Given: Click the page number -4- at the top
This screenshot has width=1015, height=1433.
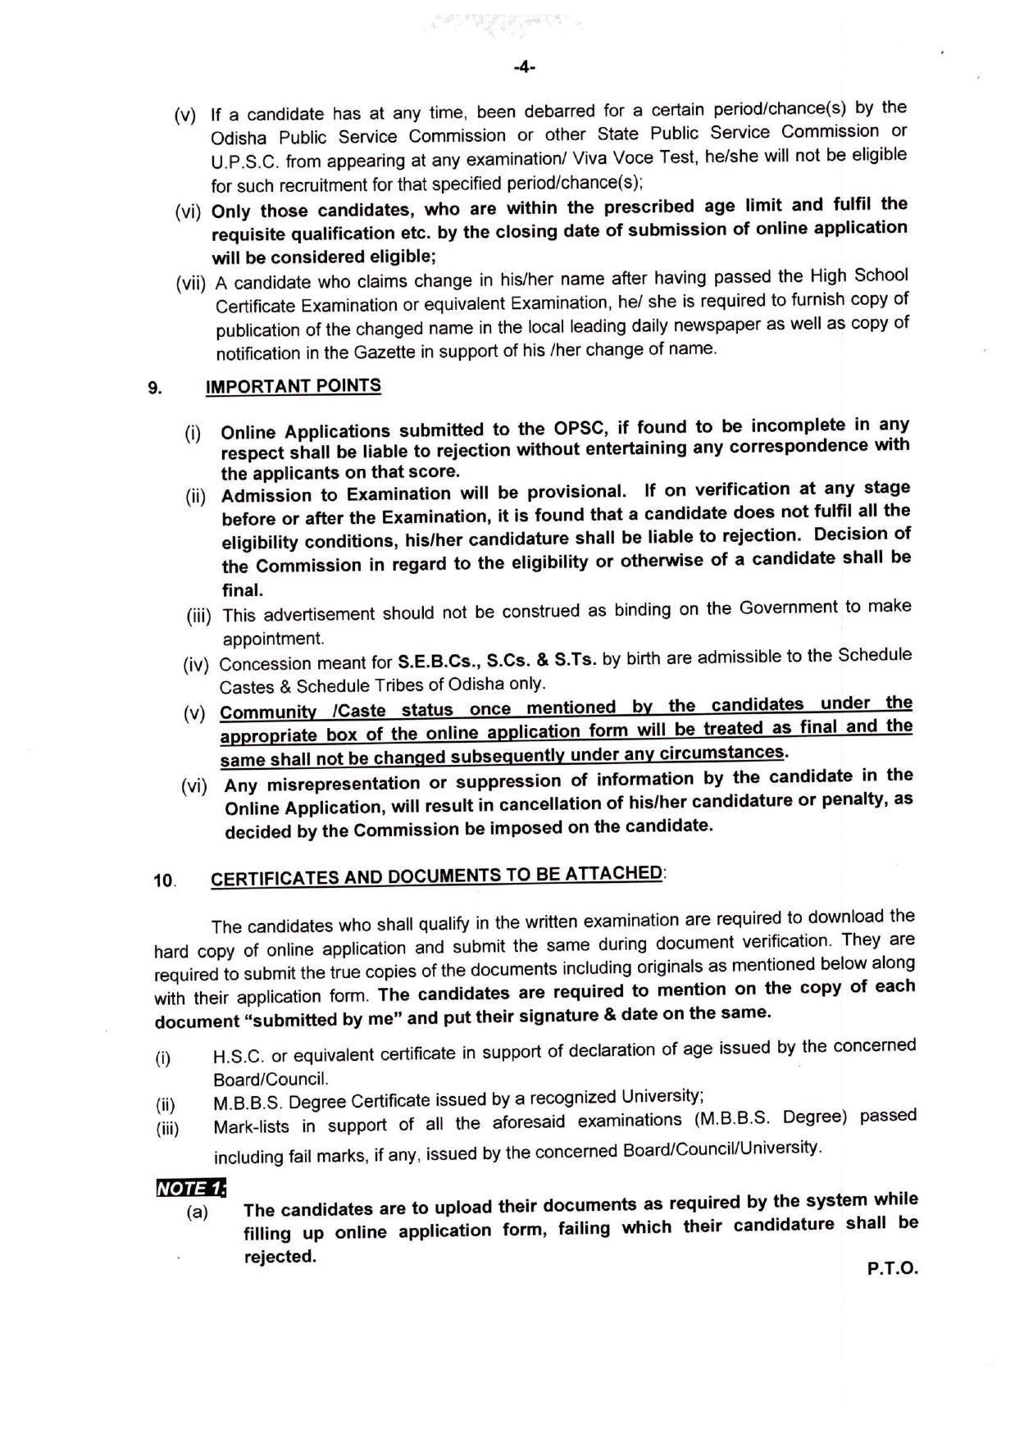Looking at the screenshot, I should point(524,67).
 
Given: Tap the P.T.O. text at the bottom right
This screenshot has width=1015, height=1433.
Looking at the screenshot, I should point(892,1268).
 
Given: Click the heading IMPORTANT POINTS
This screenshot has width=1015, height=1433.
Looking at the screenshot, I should point(293,386).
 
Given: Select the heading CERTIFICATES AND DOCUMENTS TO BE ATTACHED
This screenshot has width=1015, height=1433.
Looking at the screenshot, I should point(436,876).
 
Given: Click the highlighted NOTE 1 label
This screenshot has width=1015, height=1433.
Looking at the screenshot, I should point(190,1188).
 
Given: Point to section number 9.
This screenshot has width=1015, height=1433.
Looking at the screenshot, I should point(155,388).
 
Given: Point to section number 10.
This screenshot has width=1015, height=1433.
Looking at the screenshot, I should point(164,881).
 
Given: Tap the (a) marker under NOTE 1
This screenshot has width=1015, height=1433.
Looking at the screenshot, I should point(198,1212).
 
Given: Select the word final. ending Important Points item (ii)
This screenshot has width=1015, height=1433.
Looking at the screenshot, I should point(243,589).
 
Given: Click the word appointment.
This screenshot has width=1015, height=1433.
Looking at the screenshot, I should point(273,639).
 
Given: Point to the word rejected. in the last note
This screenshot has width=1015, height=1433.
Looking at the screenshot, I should point(280,1257).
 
